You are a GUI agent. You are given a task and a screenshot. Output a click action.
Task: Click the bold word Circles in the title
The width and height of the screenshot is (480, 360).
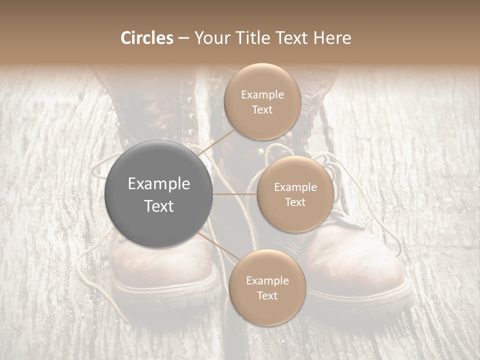tap(146, 38)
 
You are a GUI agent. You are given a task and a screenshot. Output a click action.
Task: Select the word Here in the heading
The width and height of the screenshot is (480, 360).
tap(332, 38)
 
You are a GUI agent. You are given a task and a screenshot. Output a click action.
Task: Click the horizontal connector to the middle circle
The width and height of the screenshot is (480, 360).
tap(234, 194)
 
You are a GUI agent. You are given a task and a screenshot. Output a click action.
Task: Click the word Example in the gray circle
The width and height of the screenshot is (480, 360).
tap(159, 184)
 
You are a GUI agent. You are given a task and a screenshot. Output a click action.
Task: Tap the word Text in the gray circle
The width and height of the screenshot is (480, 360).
tap(159, 206)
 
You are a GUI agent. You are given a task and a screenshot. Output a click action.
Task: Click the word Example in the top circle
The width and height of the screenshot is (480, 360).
tap(262, 95)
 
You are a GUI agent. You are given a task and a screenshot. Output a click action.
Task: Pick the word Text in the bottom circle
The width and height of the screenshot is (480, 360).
tap(267, 295)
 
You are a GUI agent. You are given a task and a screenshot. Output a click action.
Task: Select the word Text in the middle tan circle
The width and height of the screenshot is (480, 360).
tap(295, 202)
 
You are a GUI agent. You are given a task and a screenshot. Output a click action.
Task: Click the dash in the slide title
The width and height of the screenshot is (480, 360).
tap(183, 38)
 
